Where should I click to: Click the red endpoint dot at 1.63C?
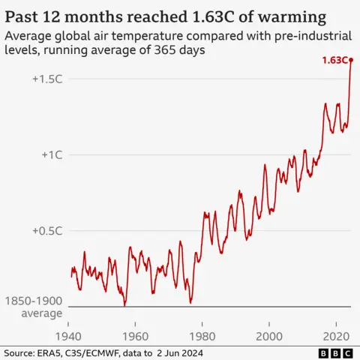point(351,60)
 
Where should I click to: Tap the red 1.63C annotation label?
point(334,60)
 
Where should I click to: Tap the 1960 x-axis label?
point(135,335)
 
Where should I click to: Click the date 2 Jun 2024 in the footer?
point(177,352)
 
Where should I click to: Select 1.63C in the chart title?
point(202,16)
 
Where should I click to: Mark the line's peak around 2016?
point(325,103)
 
